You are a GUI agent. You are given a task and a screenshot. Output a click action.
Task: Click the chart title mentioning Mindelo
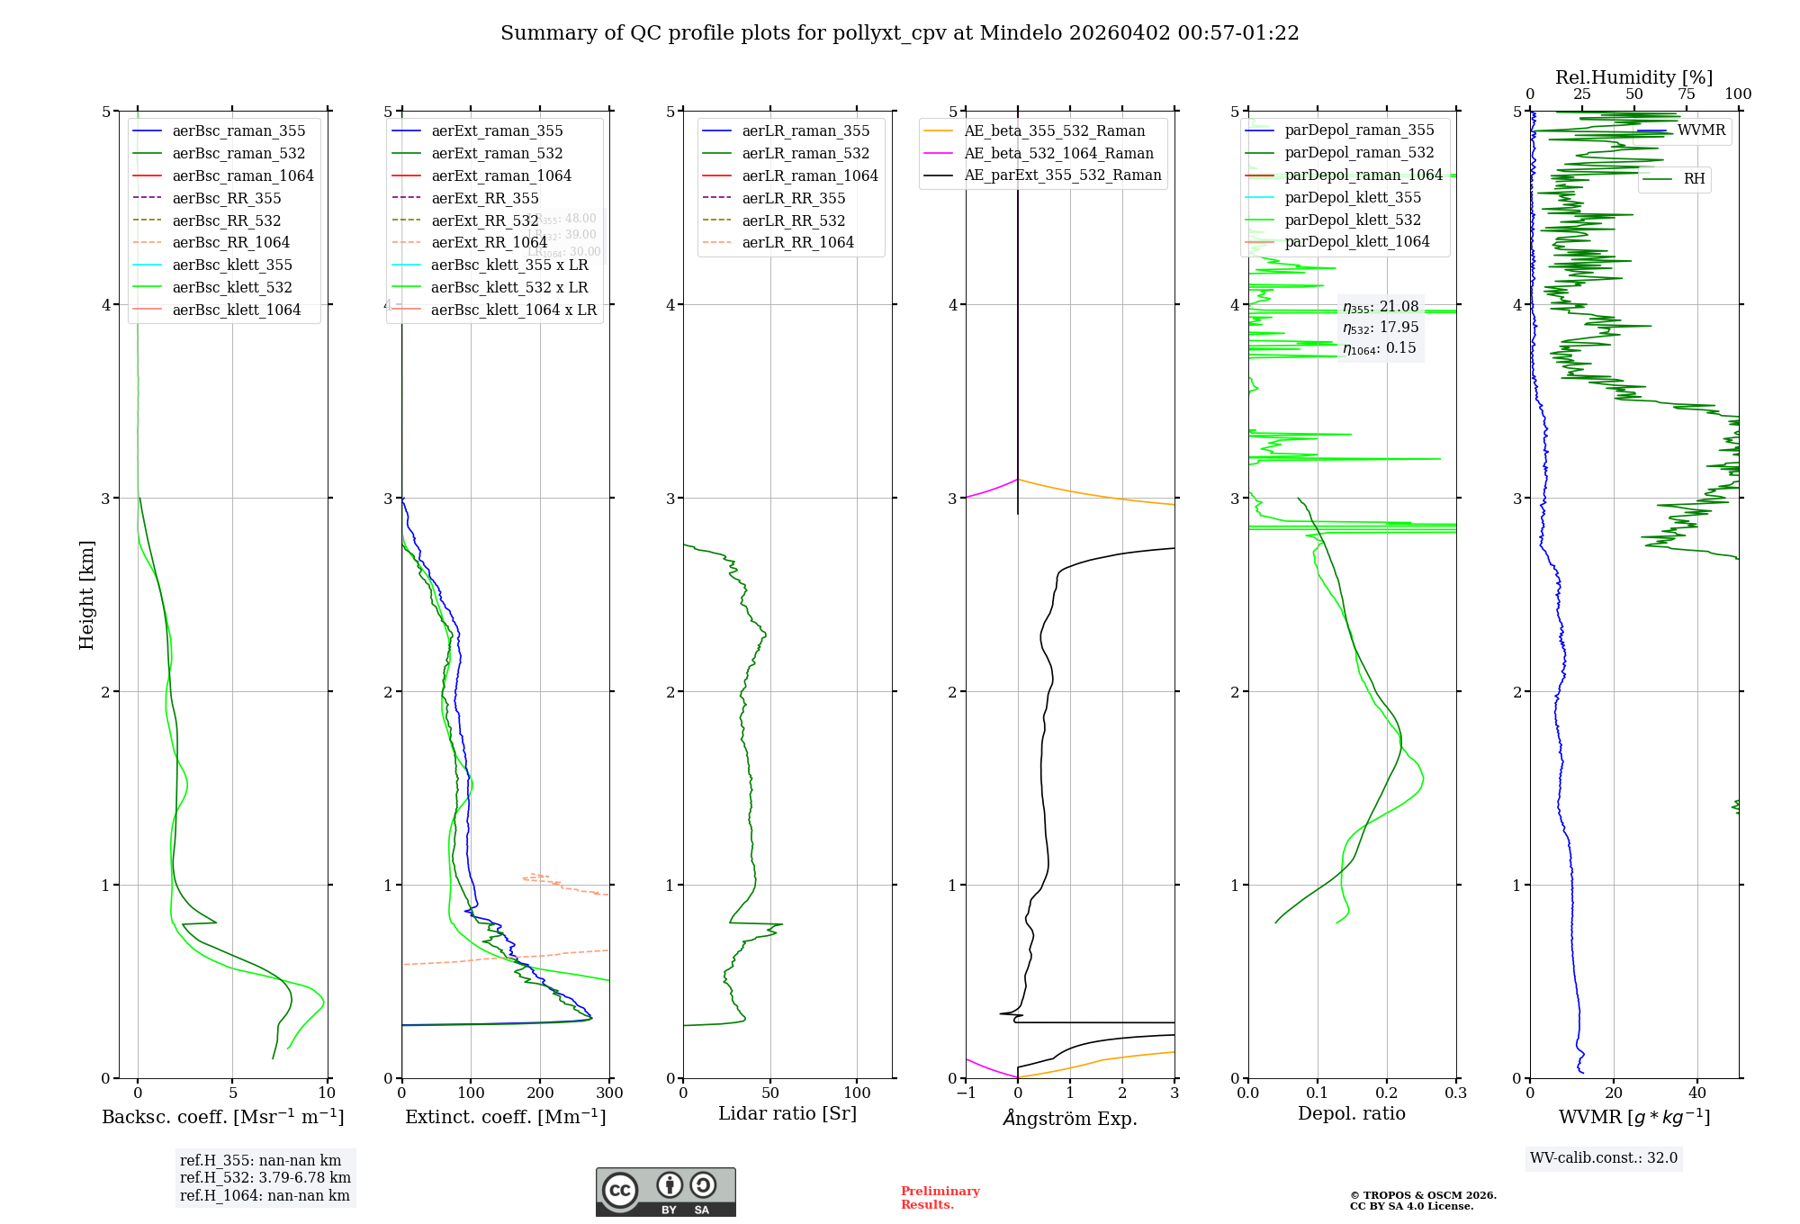point(899,33)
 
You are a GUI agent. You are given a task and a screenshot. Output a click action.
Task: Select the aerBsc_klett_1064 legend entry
point(236,310)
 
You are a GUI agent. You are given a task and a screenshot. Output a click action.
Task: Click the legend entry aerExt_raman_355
point(497,131)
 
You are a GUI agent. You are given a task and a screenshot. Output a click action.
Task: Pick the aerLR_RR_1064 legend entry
point(797,242)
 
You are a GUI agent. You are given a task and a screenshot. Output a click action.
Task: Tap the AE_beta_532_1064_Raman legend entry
point(1058,153)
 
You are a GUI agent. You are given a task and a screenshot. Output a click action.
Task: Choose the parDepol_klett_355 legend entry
point(1353,197)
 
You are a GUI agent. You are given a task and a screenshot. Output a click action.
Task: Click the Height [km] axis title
point(86,594)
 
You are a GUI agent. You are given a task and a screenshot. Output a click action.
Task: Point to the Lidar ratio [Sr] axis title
point(787,1113)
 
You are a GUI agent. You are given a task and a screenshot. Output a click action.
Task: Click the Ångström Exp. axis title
point(1070,1118)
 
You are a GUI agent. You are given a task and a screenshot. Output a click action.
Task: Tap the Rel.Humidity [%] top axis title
point(1633,77)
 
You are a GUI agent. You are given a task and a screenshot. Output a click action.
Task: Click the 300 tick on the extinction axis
point(609,1093)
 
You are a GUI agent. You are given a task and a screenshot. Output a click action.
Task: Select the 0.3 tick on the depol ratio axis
point(1455,1093)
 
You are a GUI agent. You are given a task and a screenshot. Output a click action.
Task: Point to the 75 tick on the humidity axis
point(1687,94)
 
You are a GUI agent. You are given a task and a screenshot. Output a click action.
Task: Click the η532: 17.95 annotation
point(1381,328)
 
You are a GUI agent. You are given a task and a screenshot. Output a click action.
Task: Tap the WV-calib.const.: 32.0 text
point(1604,1158)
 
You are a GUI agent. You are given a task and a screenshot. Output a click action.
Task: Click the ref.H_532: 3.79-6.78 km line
point(265,1178)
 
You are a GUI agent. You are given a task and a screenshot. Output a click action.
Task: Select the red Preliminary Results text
point(940,1198)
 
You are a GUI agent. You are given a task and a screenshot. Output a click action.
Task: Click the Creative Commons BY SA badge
point(665,1192)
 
